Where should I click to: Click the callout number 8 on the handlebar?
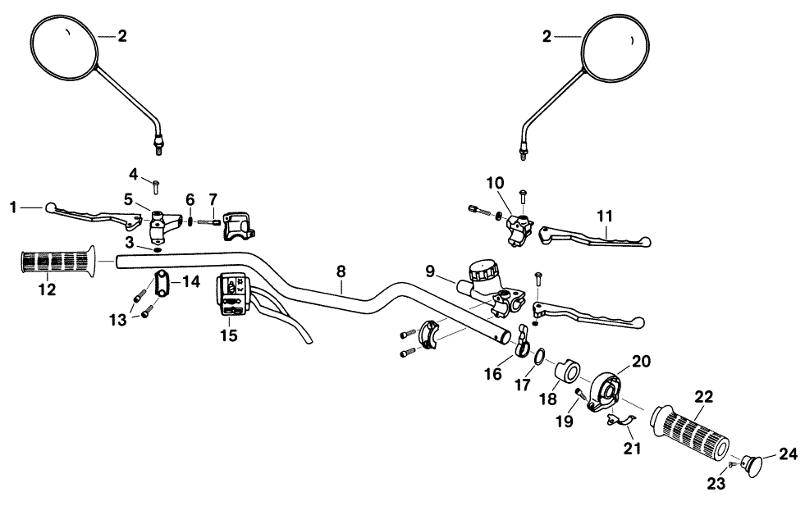(341, 270)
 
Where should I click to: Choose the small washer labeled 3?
(157, 247)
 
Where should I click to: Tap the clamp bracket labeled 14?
(160, 284)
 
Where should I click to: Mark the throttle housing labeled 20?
(612, 390)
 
